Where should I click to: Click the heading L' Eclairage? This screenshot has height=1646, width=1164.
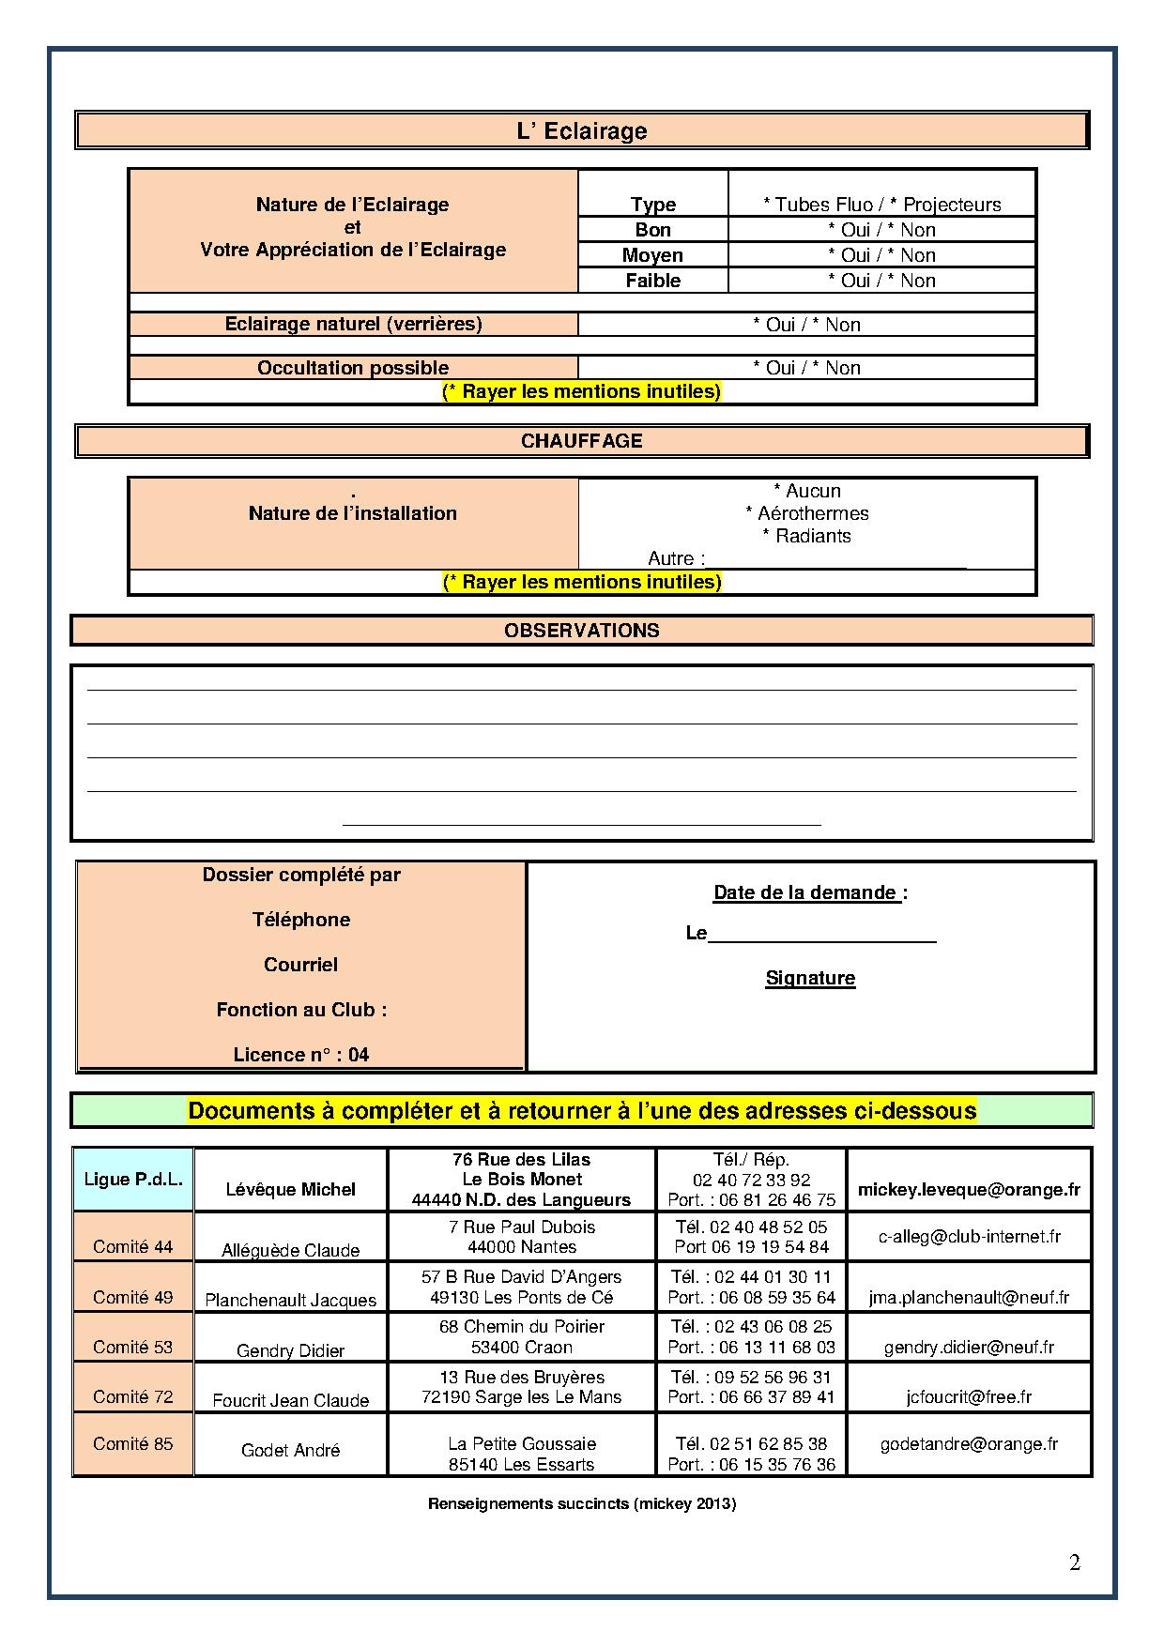tap(582, 130)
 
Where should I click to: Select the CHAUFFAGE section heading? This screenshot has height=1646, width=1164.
tap(582, 441)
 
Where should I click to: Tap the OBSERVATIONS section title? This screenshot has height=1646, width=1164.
tap(582, 631)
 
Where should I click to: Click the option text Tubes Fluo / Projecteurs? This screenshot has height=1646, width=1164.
tap(882, 205)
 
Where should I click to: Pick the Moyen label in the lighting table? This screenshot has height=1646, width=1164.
tap(652, 255)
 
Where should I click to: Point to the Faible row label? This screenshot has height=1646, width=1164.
tap(652, 281)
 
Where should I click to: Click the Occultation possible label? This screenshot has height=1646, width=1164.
tap(353, 368)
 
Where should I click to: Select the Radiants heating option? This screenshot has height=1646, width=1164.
tap(806, 536)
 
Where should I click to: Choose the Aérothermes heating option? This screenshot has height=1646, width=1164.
tap(807, 513)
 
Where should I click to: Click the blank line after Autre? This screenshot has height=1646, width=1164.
tap(835, 560)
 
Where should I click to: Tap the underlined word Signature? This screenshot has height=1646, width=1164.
tap(810, 978)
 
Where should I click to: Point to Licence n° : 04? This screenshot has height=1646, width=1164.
tap(301, 1055)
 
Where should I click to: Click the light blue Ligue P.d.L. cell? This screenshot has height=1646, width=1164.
tap(133, 1180)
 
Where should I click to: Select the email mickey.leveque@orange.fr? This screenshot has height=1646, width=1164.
tap(969, 1190)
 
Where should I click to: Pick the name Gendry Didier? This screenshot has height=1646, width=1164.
tap(290, 1350)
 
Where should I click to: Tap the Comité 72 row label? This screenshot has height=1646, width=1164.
tap(133, 1396)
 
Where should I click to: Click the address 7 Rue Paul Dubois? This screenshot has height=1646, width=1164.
tap(522, 1227)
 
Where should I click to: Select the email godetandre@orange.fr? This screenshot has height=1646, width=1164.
tap(969, 1444)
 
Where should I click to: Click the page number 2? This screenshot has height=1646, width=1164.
tap(1075, 1562)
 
